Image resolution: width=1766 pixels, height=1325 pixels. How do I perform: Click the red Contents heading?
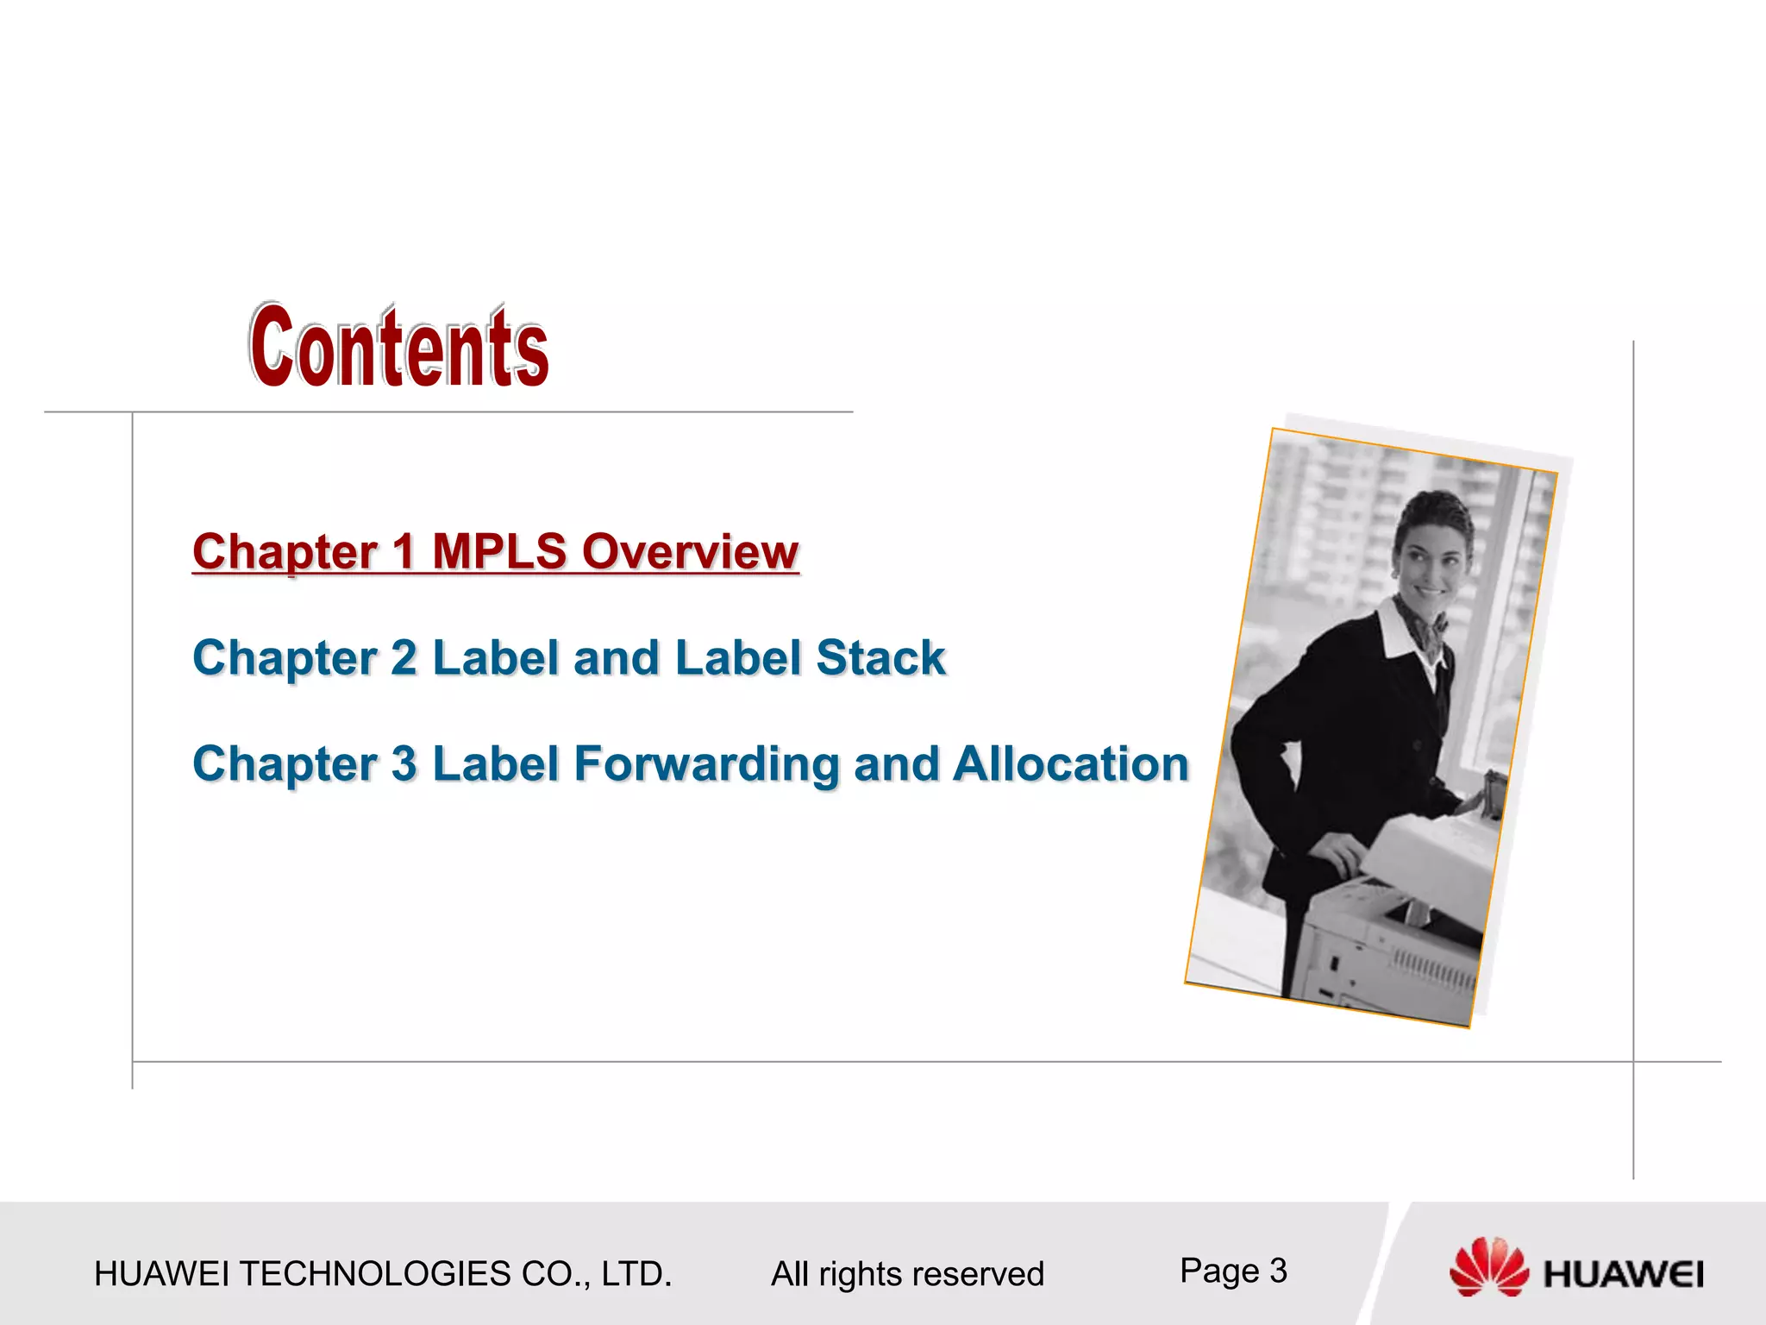click(398, 347)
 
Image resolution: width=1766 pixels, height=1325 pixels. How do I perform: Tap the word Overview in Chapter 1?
click(690, 551)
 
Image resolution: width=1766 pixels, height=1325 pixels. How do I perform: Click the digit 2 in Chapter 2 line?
click(404, 658)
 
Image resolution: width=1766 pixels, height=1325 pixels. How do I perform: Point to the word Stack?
click(880, 658)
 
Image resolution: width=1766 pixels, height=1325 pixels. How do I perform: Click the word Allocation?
click(1071, 764)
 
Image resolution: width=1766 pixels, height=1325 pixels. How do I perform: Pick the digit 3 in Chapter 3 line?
click(404, 764)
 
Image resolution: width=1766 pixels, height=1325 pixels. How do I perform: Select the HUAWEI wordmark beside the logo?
click(1623, 1274)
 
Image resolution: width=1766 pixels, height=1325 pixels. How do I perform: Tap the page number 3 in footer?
click(1278, 1271)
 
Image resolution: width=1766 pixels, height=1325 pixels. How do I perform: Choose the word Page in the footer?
click(1218, 1271)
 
